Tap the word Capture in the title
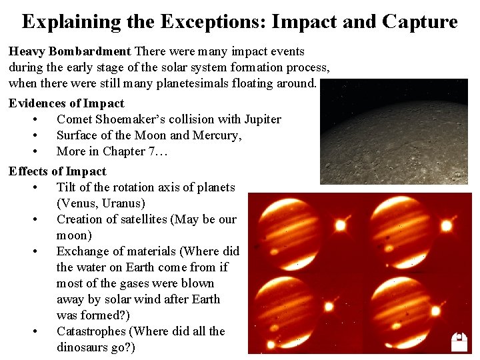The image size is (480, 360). tap(419, 22)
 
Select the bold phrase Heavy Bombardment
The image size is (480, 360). tap(69, 51)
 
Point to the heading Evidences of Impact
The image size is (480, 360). tap(66, 103)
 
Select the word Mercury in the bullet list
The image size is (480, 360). tap(217, 135)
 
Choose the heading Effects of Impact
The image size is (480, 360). tap(57, 171)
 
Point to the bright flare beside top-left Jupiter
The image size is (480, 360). tap(340, 225)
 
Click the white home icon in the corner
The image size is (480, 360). tap(459, 341)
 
